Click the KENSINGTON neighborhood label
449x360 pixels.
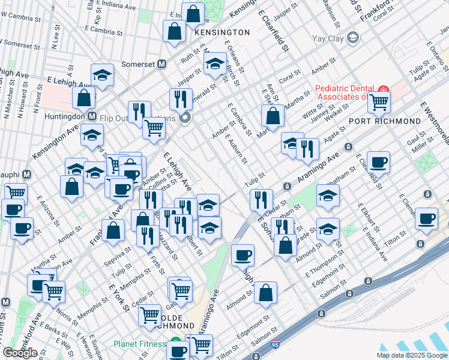tap(222, 32)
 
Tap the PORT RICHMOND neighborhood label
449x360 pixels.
tap(385, 121)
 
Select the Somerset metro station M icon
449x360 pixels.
tap(161, 64)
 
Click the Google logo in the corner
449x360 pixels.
tap(20, 353)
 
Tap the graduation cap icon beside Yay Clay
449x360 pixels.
tap(353, 38)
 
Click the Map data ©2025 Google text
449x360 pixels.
tap(412, 355)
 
